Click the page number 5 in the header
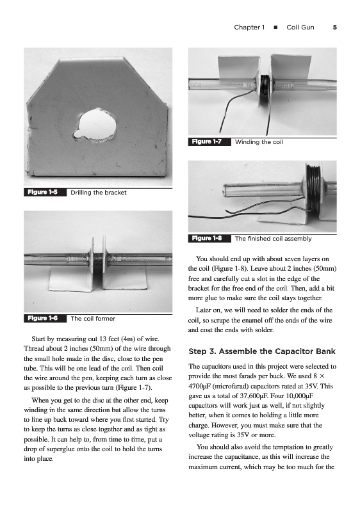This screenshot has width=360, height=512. tap(335, 28)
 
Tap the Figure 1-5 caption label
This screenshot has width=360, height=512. tap(42, 193)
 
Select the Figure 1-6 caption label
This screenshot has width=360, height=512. tap(42, 318)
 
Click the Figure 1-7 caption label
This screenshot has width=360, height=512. tap(207, 141)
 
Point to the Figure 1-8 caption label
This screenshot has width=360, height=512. tap(207, 238)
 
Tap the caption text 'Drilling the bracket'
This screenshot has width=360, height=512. tap(99, 193)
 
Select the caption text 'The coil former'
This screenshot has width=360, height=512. tap(93, 319)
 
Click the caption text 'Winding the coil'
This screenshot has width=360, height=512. tap(259, 142)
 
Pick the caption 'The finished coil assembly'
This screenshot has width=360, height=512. tap(273, 239)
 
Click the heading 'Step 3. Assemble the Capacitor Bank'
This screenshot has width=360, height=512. tap(262, 351)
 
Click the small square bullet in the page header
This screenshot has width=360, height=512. tap(275, 28)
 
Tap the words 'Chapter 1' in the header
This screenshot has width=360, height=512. tap(249, 28)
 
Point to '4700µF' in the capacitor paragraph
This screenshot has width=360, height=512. tap(199, 387)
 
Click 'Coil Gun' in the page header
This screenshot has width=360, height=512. tap(300, 28)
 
